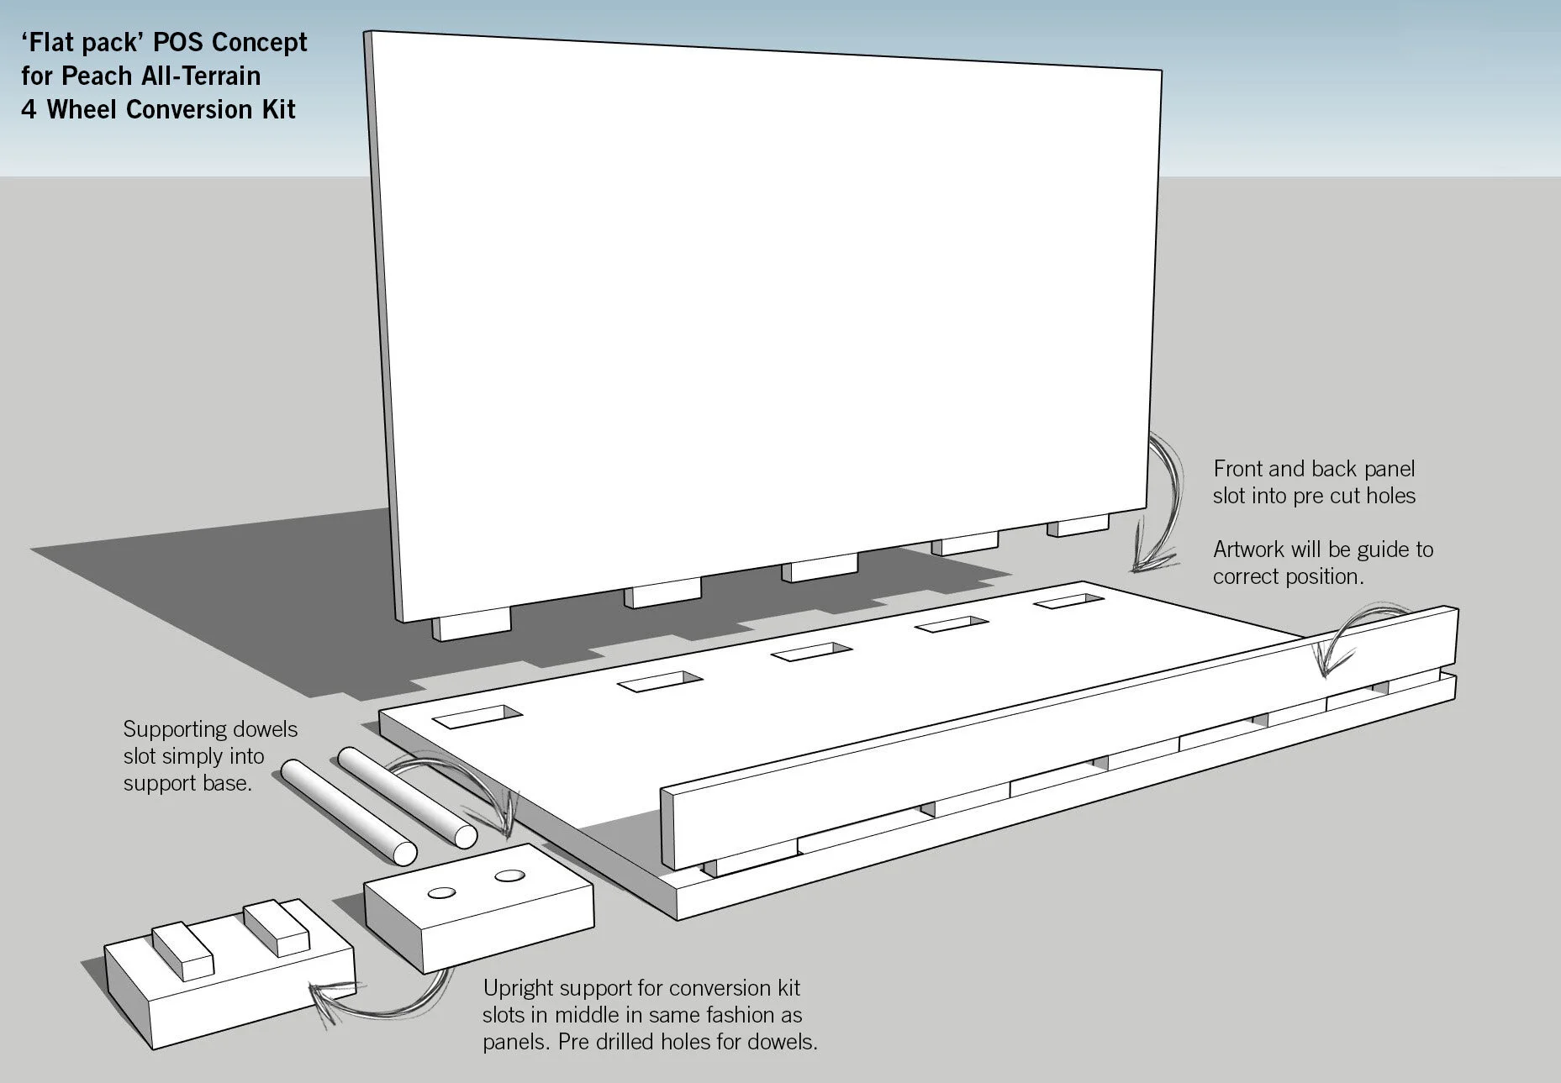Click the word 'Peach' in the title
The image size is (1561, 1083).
97,76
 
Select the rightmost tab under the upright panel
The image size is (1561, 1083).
1078,528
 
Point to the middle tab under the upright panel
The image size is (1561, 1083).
820,570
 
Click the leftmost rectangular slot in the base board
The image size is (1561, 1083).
477,717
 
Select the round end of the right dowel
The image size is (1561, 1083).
463,836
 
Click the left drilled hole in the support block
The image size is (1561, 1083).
442,892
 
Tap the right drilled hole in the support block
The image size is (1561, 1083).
509,876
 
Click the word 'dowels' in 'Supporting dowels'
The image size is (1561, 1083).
261,729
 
